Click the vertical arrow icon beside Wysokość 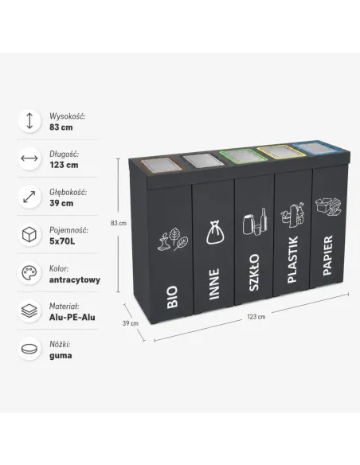click(29, 121)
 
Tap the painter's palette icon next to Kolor click(29, 273)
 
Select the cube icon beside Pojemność click(29, 235)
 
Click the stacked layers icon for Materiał click(29, 311)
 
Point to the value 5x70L click(62, 241)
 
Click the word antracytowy click(75, 279)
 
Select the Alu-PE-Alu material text click(72, 318)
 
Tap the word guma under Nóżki click(61, 356)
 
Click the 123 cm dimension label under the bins click(256, 317)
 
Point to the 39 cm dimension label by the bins click(131, 323)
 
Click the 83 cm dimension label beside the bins click(119, 223)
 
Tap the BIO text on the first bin click(172, 297)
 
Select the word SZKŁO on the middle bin click(253, 272)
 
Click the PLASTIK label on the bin click(292, 260)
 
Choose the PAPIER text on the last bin click(327, 256)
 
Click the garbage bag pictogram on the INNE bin click(215, 232)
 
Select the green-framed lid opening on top click(244, 155)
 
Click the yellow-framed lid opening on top click(281, 151)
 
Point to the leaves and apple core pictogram click(173, 240)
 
